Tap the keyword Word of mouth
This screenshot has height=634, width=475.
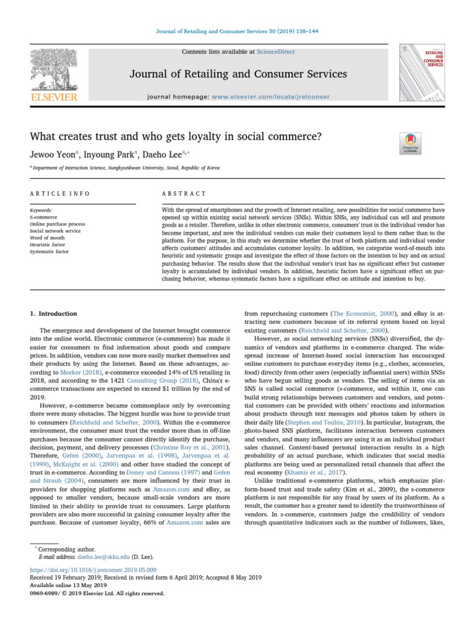click(45, 238)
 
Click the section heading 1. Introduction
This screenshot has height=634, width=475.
click(54, 314)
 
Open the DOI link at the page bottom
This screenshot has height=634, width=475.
click(93, 569)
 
